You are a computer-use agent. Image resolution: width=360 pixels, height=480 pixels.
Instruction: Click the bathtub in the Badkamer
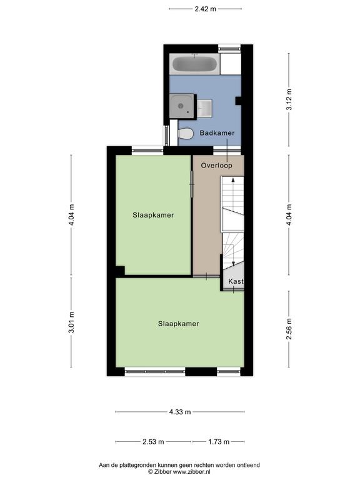coord(195,64)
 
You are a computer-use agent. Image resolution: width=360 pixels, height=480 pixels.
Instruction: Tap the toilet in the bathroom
coord(186,134)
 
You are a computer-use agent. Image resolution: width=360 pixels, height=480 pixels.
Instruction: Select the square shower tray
coord(182,106)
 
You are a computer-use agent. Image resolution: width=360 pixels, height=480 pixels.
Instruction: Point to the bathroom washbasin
coord(204,108)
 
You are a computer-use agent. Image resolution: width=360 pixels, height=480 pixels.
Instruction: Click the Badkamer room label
coord(217,133)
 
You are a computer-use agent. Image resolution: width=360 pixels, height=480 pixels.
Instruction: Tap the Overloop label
coord(216,165)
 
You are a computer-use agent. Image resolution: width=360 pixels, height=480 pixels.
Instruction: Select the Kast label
coord(236,281)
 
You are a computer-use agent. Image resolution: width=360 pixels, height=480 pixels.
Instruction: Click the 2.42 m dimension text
coord(206,9)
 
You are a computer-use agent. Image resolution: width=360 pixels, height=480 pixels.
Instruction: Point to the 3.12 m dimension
coord(289,99)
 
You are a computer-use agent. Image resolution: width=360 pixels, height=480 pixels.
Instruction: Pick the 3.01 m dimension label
coord(71,322)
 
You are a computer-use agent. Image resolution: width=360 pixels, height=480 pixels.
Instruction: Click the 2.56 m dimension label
coord(289,329)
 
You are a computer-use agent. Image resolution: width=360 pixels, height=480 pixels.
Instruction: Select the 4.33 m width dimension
coord(180,412)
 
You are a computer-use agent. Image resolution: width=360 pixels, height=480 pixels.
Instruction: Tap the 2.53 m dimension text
coord(153,442)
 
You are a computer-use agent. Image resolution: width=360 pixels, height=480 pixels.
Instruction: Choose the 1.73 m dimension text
coord(219,442)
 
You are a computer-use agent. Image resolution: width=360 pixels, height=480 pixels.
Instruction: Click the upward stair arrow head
coord(233,180)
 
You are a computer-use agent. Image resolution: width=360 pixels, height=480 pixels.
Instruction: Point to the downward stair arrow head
coord(233,263)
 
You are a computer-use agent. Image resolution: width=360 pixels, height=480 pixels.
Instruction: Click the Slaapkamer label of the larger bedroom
coord(179,324)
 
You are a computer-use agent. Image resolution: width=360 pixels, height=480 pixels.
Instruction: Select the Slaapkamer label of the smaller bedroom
coord(153,215)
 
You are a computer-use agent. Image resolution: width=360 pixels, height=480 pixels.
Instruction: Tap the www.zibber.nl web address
coord(191,472)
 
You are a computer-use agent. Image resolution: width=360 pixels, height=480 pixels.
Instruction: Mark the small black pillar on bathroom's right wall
coord(238,101)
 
